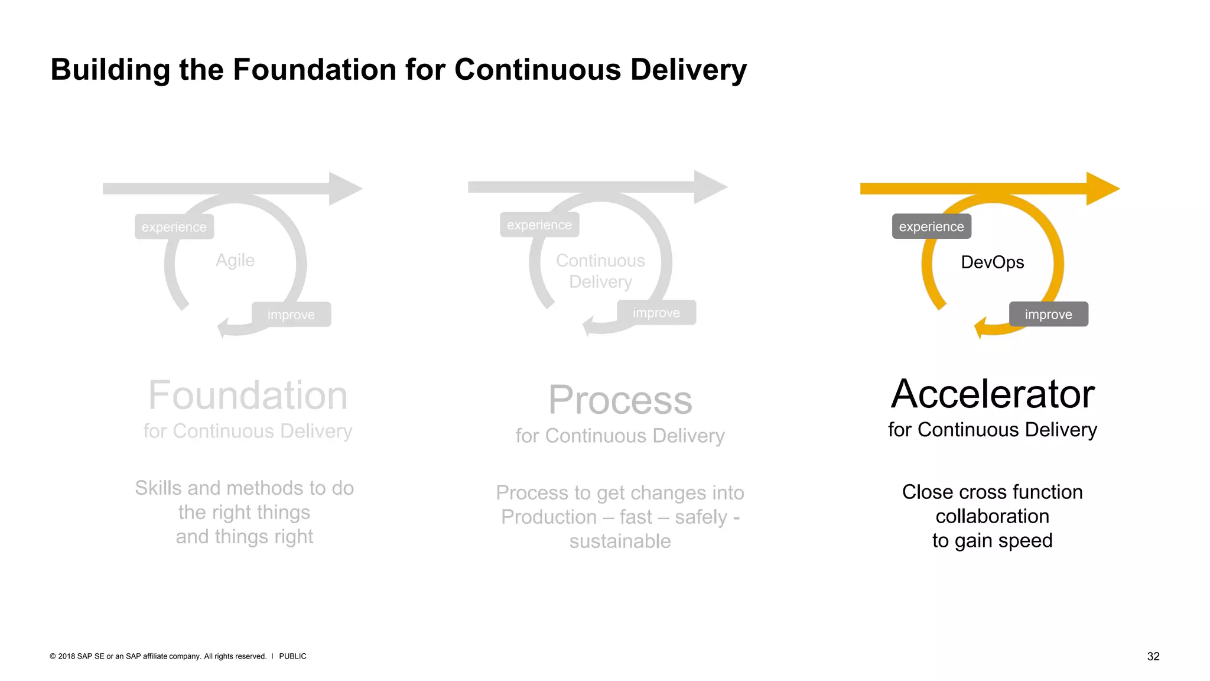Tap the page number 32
(x=1153, y=656)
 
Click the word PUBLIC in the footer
(x=292, y=656)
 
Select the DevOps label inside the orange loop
(x=992, y=262)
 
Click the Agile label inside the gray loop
(x=235, y=260)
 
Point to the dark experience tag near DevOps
(x=931, y=226)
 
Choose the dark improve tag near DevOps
(x=1048, y=314)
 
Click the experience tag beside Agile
(x=174, y=227)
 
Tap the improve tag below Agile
(x=291, y=314)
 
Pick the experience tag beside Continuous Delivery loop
(x=539, y=225)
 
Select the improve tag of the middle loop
(x=656, y=313)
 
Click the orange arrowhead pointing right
(x=1102, y=189)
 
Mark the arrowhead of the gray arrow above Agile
(x=344, y=189)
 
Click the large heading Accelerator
(x=993, y=394)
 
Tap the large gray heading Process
(x=620, y=400)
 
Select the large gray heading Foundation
(x=248, y=395)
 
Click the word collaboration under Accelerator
(x=992, y=516)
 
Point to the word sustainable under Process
(x=620, y=541)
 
